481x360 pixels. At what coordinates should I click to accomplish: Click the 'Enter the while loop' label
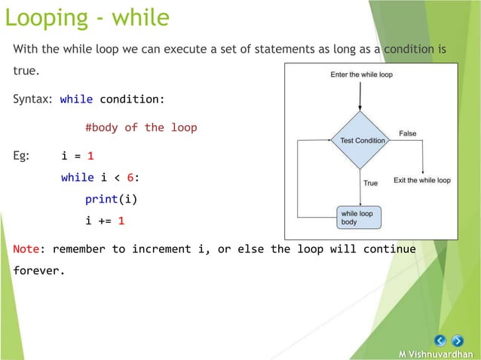coord(361,75)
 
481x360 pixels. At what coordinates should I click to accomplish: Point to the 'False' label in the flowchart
coord(407,133)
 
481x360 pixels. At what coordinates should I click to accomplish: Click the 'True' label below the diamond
coord(371,183)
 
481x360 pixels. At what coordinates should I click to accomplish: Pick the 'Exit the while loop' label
coord(422,181)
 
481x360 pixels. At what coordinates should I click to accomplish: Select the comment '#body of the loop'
coord(141,127)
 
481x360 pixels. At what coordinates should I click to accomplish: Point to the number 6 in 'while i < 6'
coord(130,178)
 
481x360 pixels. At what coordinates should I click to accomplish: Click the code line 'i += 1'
coord(105,221)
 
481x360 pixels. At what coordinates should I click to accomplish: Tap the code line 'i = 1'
coord(78,156)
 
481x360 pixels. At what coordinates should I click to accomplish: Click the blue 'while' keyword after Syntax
coord(77,99)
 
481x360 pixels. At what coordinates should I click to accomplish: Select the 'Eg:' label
coord(22,156)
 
